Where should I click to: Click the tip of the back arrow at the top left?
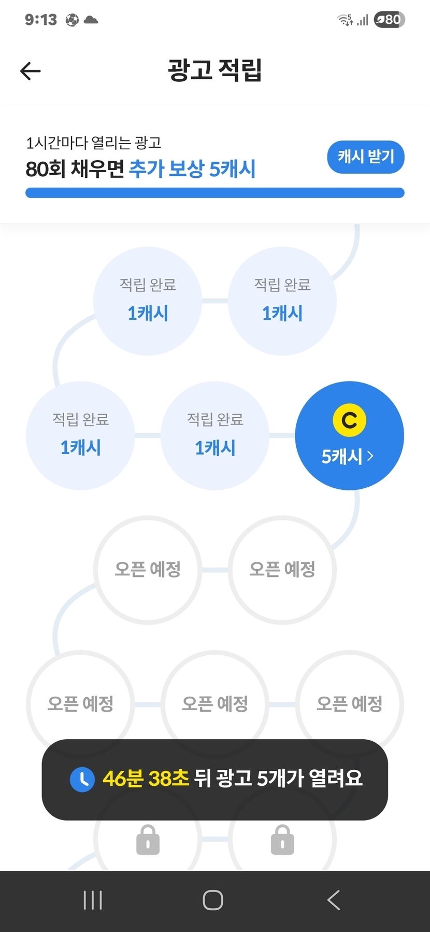coord(21,71)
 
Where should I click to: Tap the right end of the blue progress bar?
coord(404,193)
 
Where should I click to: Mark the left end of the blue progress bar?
coord(26,193)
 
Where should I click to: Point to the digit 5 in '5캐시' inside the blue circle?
coord(326,457)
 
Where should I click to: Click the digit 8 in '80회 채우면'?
coord(31,169)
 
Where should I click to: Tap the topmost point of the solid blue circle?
coord(350,382)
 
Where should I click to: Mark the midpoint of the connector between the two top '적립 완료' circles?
coord(215,301)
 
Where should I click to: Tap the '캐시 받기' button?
coord(366,157)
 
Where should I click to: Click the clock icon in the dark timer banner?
coord(82,779)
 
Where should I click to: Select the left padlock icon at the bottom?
coord(148,839)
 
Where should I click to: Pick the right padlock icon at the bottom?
coord(282,839)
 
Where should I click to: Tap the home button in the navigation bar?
coord(213,900)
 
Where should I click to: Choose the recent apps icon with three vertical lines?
coord(93,900)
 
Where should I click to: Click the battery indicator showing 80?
coord(390,20)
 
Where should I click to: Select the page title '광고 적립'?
coord(215,70)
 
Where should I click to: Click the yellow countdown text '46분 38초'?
coord(146,779)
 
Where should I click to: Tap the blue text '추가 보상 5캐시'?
coord(192,169)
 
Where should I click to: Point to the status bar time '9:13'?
coord(41,20)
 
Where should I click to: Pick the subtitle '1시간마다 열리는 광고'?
coord(94,143)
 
